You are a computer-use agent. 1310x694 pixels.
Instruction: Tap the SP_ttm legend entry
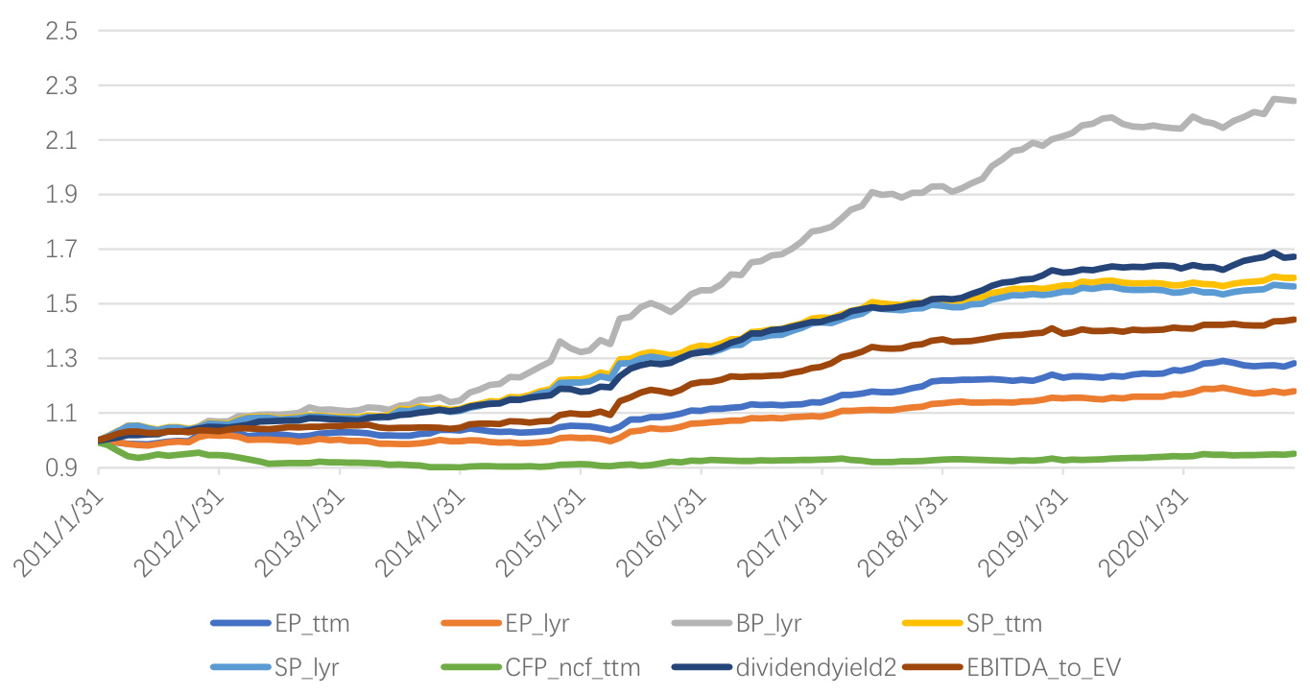pos(1008,624)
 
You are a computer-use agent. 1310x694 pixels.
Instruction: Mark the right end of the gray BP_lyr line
pos(1296,100)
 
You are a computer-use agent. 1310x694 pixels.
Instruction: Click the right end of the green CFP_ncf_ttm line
pos(1296,454)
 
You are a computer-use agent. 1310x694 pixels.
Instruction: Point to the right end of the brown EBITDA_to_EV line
pos(1296,320)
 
